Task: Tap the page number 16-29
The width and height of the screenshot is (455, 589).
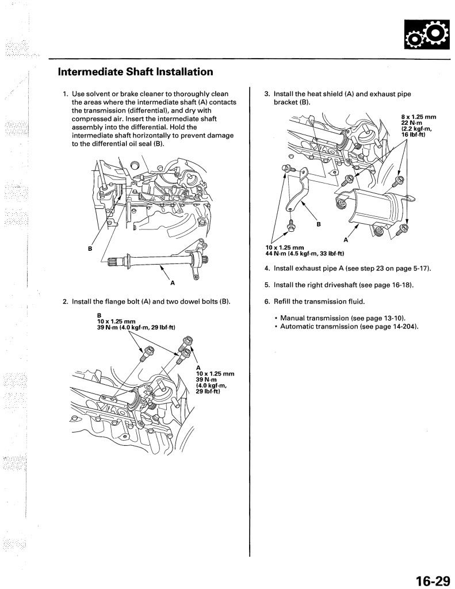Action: [431, 580]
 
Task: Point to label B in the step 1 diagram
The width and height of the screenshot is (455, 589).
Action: [90, 249]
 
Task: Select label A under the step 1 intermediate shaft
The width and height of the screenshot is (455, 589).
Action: [172, 283]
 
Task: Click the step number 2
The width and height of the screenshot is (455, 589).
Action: [65, 301]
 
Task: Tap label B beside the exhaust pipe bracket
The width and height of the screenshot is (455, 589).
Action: [318, 224]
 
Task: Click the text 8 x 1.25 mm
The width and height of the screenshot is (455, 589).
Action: [419, 117]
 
